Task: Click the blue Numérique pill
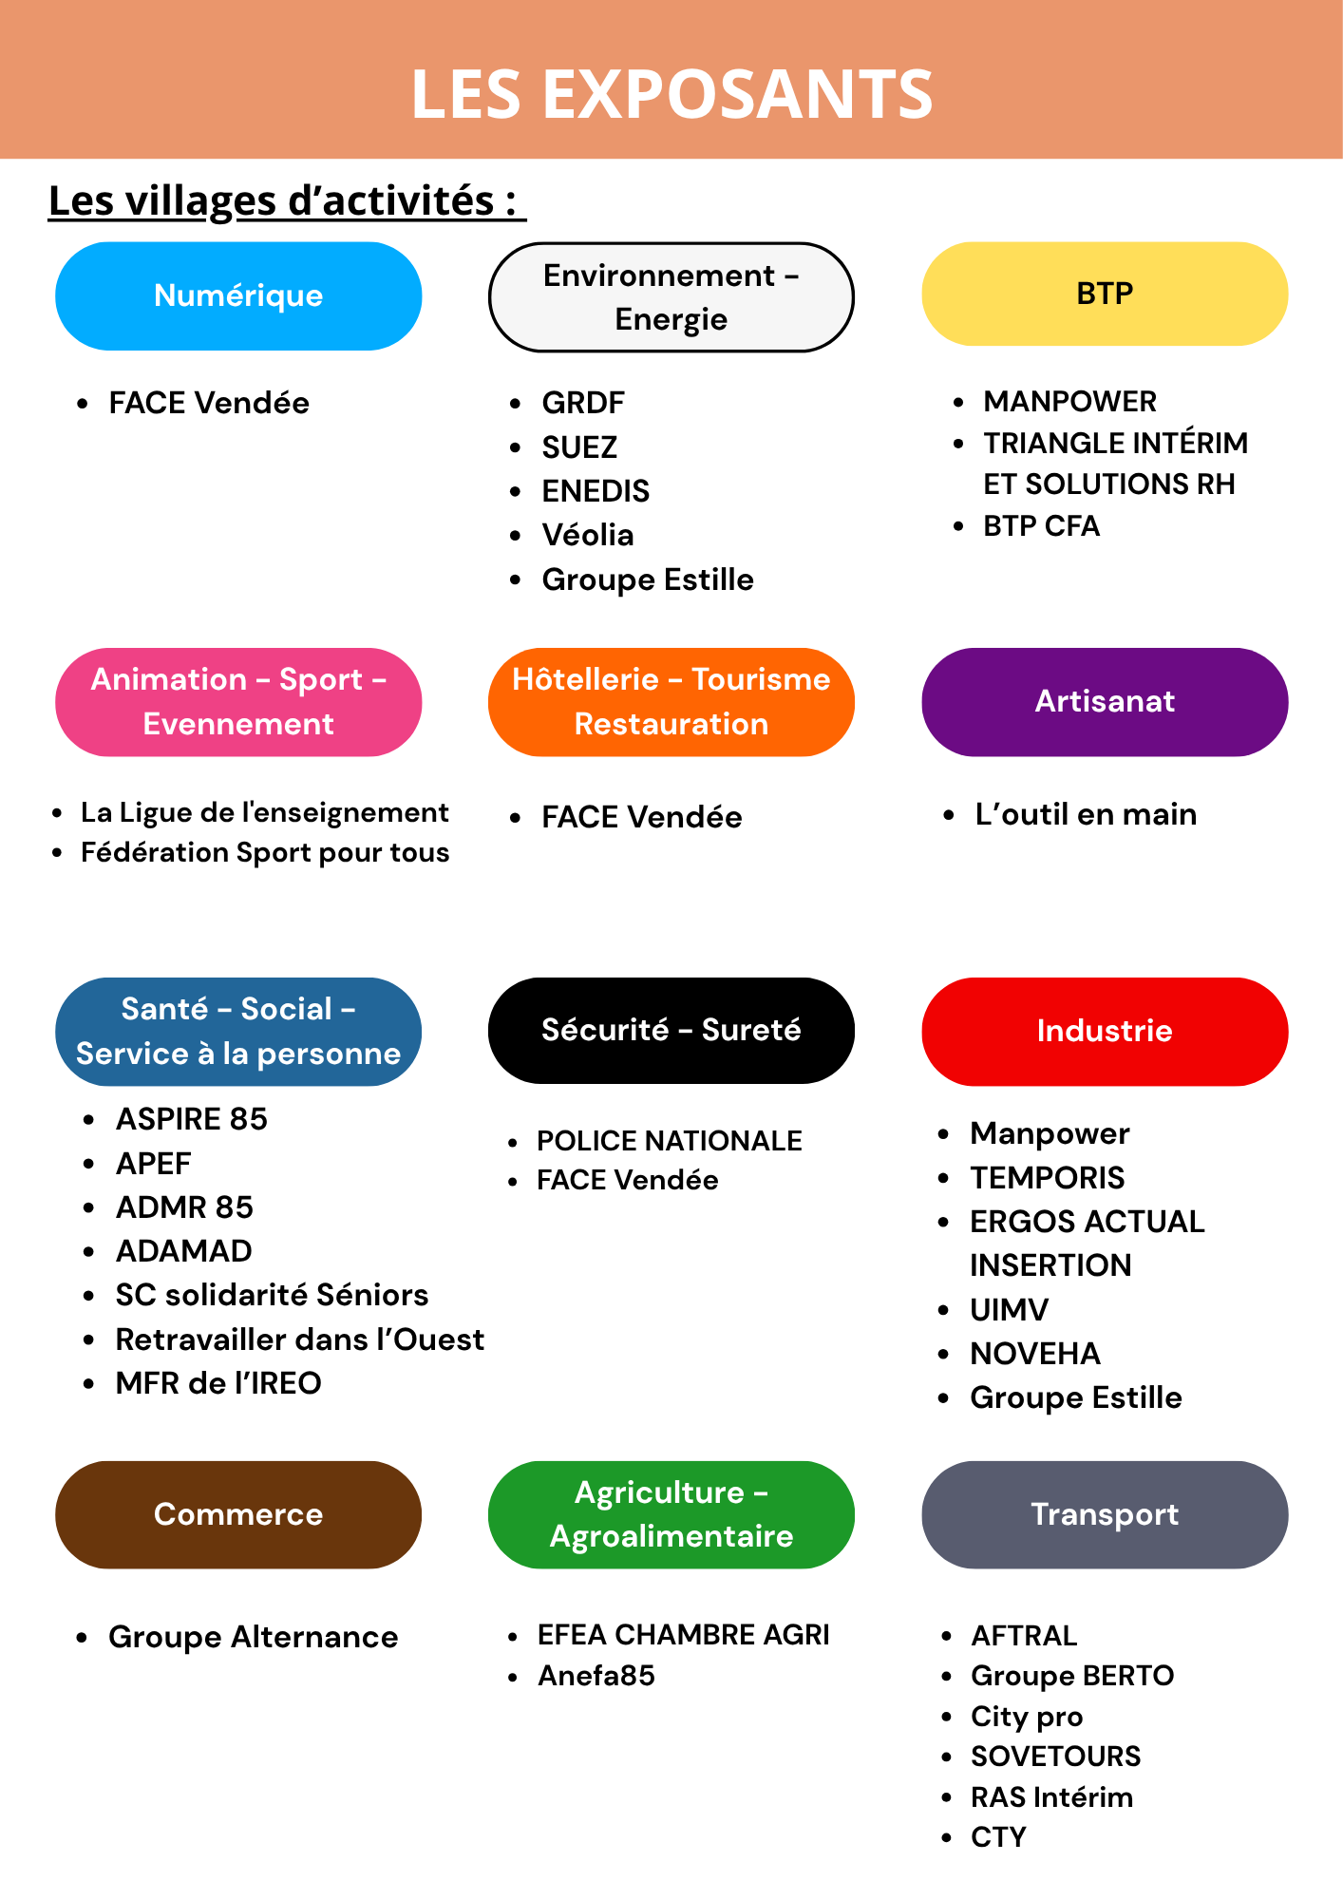pos(238,295)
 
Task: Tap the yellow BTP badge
pos(1105,294)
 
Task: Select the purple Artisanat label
pos(1105,702)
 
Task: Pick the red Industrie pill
pos(1105,1032)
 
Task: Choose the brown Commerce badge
pos(238,1514)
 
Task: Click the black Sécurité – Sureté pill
pos(671,1031)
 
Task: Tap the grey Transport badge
pos(1105,1514)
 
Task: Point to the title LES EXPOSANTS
pos(672,94)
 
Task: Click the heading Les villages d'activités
pos(287,201)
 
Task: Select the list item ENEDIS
pos(596,491)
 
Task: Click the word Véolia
pos(588,535)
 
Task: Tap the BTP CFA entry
pos(1041,525)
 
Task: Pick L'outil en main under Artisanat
pos(1086,814)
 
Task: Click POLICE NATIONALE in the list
pos(670,1140)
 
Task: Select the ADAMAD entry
pos(184,1251)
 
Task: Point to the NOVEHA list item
pos(1035,1354)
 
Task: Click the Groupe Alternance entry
pos(254,1637)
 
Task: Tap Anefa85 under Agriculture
pos(596,1675)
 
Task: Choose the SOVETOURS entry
pos(1056,1756)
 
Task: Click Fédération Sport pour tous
pos(265,852)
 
